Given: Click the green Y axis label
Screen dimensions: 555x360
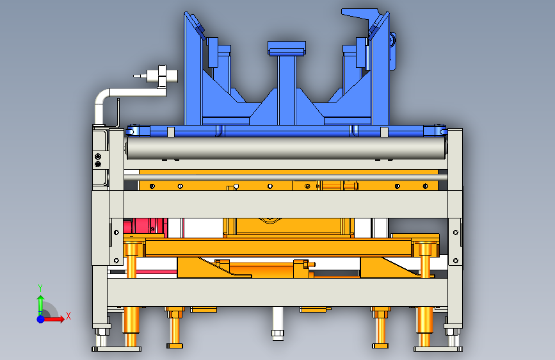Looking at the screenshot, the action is [x=40, y=288].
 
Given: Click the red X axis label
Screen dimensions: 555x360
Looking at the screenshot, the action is [x=68, y=316].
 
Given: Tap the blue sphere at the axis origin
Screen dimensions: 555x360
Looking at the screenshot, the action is [x=41, y=319].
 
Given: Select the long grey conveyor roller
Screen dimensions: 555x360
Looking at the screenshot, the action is [x=286, y=148].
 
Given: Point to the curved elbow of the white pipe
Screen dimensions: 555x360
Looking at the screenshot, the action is [x=101, y=97].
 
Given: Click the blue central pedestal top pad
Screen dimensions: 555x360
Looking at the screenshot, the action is [x=287, y=48].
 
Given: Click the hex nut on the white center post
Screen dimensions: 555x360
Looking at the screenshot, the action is [x=278, y=333].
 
